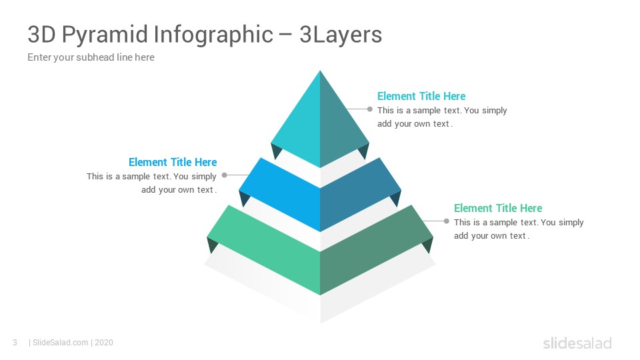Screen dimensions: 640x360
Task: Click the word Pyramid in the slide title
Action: tap(105, 35)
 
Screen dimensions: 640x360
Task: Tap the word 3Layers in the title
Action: tap(341, 35)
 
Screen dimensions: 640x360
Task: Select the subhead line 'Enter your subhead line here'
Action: tap(91, 57)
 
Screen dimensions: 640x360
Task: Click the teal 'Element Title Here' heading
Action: tap(421, 96)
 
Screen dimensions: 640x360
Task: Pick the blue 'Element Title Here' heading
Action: tap(173, 162)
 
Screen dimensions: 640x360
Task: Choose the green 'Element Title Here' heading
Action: tap(498, 208)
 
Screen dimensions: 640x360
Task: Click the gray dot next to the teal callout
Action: tap(370, 109)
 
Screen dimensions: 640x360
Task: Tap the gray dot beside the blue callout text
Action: tap(224, 175)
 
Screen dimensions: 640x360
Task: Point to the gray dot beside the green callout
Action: tap(447, 221)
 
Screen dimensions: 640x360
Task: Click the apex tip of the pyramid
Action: tap(320, 71)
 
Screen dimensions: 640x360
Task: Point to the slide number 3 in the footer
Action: tap(15, 343)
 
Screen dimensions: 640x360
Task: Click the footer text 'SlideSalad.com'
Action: tap(60, 343)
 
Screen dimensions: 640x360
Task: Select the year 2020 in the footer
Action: tap(104, 343)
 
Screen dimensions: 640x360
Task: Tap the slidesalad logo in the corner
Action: tap(577, 343)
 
